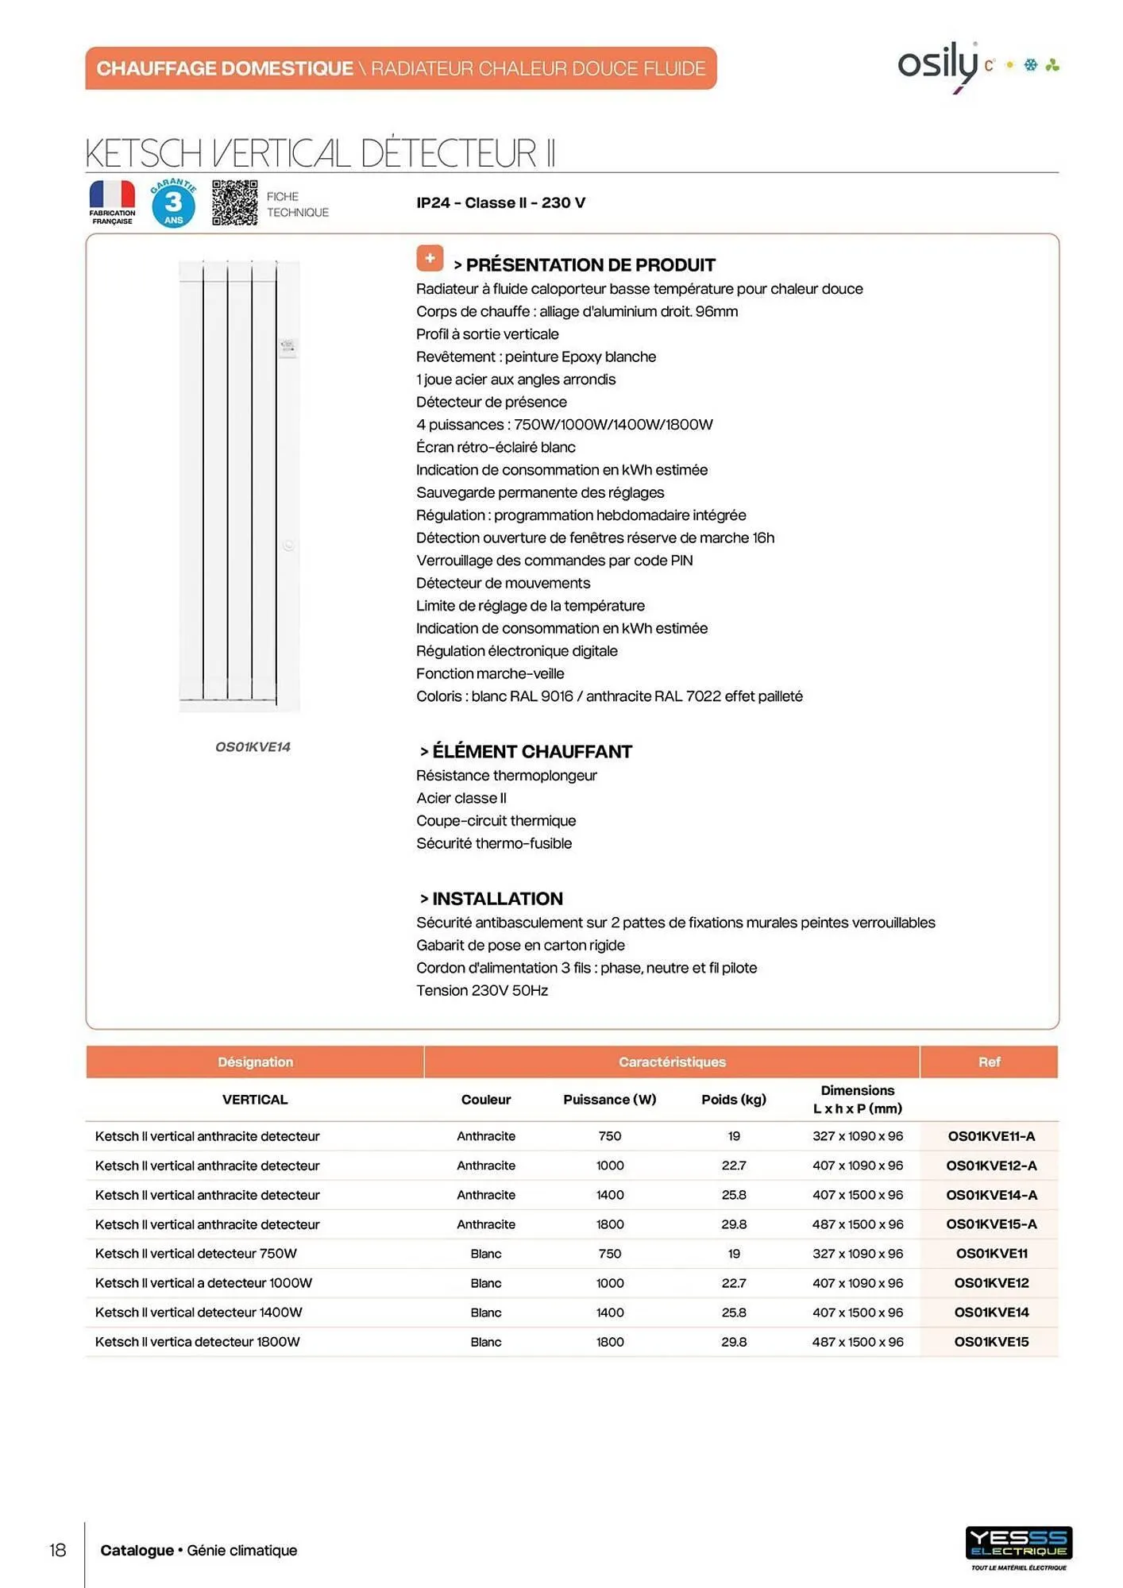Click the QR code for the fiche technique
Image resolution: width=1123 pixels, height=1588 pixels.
click(234, 203)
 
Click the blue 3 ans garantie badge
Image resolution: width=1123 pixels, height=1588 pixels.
click(173, 203)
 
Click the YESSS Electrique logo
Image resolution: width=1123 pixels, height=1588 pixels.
click(1018, 1544)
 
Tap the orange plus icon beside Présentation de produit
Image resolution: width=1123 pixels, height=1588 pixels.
click(430, 258)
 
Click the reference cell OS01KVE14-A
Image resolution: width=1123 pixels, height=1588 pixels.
click(990, 1195)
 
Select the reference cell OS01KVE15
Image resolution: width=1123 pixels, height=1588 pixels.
click(990, 1342)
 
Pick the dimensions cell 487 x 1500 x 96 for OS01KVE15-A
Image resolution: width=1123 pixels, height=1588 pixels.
click(857, 1224)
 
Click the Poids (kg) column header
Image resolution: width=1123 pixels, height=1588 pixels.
click(733, 1100)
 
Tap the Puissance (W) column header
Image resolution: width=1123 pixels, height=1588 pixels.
click(609, 1100)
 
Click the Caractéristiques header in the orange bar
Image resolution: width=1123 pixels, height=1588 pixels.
click(672, 1062)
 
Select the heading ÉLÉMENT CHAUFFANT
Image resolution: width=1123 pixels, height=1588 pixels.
click(531, 751)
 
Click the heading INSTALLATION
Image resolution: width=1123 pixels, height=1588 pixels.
click(497, 899)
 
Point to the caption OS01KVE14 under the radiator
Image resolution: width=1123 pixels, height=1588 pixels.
click(253, 747)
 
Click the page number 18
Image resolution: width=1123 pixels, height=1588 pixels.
click(58, 1550)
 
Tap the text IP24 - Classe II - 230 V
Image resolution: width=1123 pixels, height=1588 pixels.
click(500, 203)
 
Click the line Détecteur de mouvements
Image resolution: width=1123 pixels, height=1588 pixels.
click(503, 584)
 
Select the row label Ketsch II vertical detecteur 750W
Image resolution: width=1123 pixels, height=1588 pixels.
click(195, 1254)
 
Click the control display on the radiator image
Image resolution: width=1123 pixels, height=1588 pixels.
click(288, 347)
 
